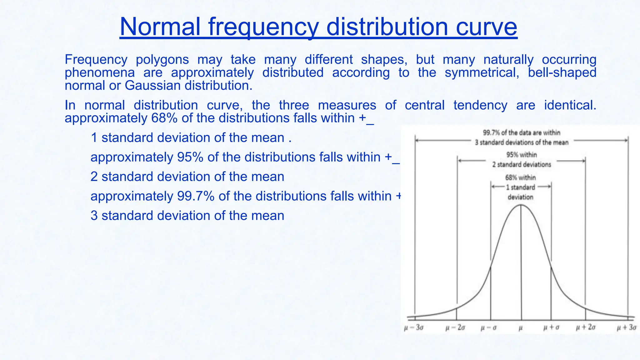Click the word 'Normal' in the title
(x=160, y=27)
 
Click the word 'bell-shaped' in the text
(x=562, y=72)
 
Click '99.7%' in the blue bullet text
(x=196, y=196)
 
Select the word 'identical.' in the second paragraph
(x=570, y=105)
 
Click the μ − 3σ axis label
(x=414, y=328)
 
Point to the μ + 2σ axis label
(x=586, y=327)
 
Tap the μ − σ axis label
(x=488, y=328)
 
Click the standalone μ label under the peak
(x=521, y=328)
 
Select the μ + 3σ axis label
(x=627, y=327)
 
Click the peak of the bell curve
(x=521, y=205)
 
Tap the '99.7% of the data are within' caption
(x=522, y=132)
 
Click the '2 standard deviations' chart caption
(x=522, y=164)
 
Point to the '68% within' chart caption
(x=520, y=177)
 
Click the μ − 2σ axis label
(x=455, y=328)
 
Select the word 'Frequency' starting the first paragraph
(x=96, y=59)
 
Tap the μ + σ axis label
(x=551, y=327)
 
